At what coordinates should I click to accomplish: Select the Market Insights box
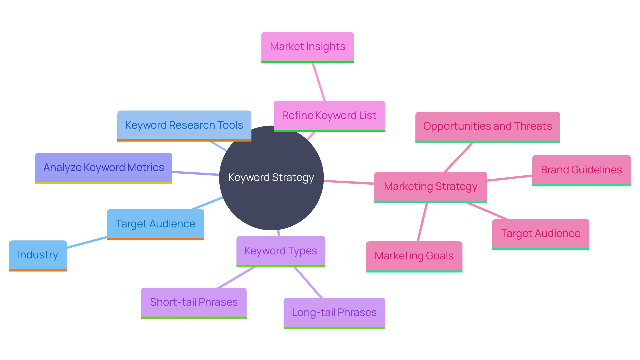coord(307,47)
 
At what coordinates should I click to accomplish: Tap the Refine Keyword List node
coord(329,116)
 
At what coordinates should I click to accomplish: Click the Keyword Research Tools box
coord(184,125)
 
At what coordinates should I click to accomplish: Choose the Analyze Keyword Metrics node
coord(103,168)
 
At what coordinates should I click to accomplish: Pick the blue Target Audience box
coord(155,224)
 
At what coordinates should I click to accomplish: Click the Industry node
coord(38,255)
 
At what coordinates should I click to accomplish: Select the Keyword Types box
coord(280,251)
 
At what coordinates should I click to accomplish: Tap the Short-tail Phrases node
coord(194,302)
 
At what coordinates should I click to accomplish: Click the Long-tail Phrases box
coord(334,313)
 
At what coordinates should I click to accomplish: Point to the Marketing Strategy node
coord(430,187)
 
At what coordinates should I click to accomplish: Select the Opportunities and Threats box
coord(487,126)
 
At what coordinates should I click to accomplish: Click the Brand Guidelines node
coord(581,170)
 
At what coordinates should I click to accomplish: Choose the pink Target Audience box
coord(540,234)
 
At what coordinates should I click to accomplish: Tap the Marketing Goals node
coord(414,256)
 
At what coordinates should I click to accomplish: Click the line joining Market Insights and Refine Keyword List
coord(319,82)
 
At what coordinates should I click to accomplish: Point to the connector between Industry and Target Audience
coord(87,242)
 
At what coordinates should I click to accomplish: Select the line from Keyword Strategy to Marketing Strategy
coord(349,182)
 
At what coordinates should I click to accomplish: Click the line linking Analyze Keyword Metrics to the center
coord(196,173)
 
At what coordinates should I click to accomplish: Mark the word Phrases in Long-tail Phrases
coord(357,313)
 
